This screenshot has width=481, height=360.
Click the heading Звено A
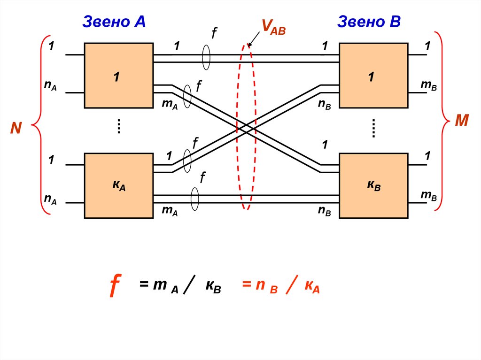tap(114, 22)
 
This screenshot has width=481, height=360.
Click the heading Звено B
tap(368, 22)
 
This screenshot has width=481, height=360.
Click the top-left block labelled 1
tap(118, 76)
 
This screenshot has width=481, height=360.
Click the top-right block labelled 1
tap(373, 76)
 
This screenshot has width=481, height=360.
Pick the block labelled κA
tap(118, 185)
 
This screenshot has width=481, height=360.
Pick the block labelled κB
tap(373, 185)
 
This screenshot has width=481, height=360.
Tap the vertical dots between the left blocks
tap(119, 127)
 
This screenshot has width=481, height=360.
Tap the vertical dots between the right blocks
tap(374, 128)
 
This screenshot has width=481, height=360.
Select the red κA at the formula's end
tap(312, 286)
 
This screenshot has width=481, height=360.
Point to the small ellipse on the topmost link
tap(206, 58)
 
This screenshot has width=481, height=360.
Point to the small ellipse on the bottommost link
tap(194, 199)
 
